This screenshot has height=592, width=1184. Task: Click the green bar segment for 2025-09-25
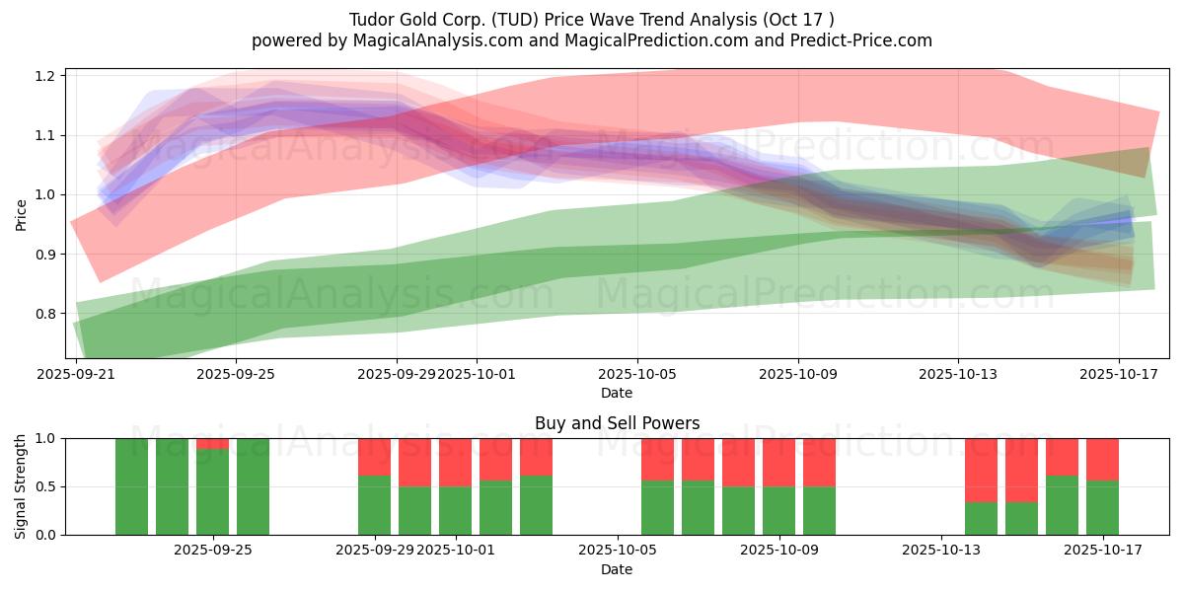(x=212, y=491)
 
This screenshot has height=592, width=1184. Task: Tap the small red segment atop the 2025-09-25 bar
(x=212, y=443)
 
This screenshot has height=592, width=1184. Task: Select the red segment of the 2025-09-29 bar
(x=374, y=456)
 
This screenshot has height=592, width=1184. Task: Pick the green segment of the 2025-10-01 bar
(x=455, y=510)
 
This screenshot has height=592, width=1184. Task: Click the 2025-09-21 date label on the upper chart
(x=76, y=375)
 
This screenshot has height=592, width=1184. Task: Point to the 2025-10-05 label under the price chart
(x=636, y=375)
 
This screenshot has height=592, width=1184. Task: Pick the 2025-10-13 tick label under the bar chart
(x=940, y=551)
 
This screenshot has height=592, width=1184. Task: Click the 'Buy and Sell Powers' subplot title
(x=617, y=423)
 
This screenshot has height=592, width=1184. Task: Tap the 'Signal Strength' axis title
(x=21, y=485)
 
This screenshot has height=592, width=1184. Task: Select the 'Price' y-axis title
(x=21, y=214)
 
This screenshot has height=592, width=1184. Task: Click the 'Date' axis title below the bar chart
(x=617, y=569)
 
